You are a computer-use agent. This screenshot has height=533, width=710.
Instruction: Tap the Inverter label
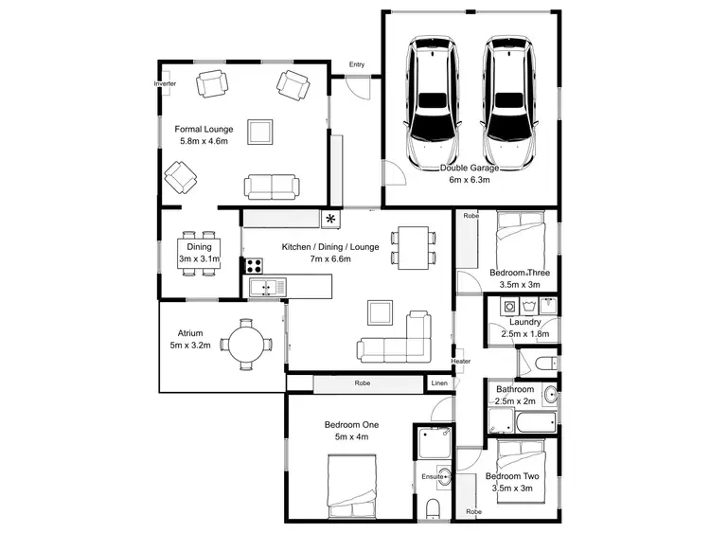coord(165,83)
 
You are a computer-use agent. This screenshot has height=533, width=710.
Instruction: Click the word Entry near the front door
coord(357,64)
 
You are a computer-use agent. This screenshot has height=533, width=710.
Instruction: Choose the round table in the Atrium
coord(247,345)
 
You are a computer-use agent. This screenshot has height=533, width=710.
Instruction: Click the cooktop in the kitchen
coord(253,266)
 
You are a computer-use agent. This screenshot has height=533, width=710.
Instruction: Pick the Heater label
coord(461,361)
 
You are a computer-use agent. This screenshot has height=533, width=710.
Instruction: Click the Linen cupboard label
coord(439,383)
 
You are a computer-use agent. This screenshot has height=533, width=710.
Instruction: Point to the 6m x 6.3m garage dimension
coord(470,179)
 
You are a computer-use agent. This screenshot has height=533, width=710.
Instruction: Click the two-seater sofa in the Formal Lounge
coord(273,187)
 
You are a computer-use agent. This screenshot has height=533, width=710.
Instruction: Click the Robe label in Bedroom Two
coord(471,512)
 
